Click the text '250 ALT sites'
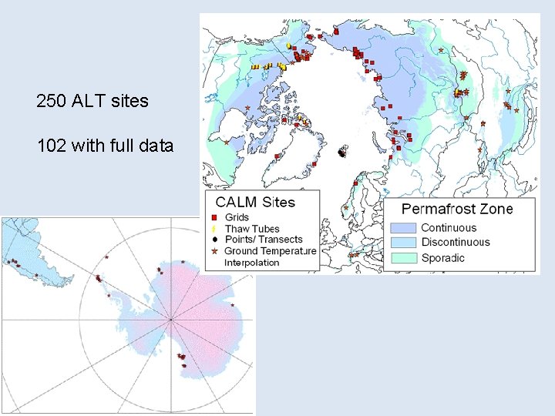pos(92,101)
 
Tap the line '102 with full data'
pos(105,145)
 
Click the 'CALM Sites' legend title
pos(255,203)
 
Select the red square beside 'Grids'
pos(214,218)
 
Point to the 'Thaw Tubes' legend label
pos(251,229)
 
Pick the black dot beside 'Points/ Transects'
pos(214,240)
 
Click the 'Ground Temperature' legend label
pos(270,251)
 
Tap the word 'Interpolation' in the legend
pos(251,263)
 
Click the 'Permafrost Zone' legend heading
pos(457,209)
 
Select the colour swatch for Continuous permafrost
pos(403,228)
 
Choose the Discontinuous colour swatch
pos(403,243)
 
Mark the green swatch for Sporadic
pos(403,258)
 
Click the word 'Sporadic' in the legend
pos(442,258)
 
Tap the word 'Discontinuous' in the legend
pos(455,243)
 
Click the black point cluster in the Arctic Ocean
pos(341,153)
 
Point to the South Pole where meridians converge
pos(171,320)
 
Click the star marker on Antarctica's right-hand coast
pos(233,304)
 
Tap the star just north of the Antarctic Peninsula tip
pos(106,257)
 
